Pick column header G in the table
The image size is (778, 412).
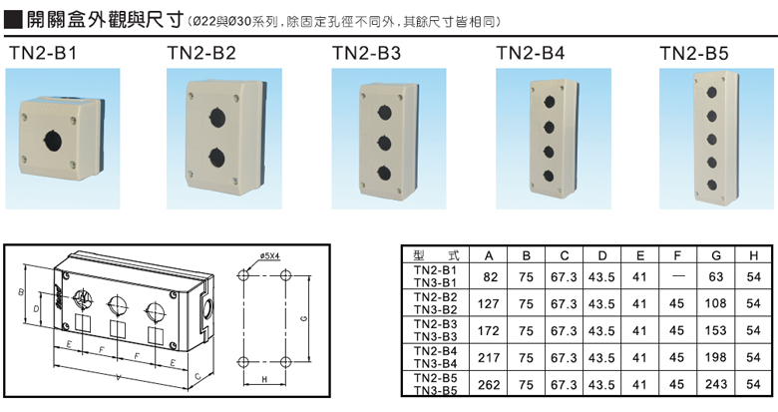(x=716, y=254)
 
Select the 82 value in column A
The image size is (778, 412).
(x=490, y=276)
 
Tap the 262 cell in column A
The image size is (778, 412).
(x=490, y=384)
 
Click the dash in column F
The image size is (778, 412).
(x=678, y=276)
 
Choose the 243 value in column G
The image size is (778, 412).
(x=716, y=384)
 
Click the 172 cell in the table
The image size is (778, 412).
(x=490, y=330)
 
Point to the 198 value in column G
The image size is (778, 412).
(x=716, y=357)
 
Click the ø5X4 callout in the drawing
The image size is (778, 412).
(x=273, y=256)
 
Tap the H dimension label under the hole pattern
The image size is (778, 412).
(x=263, y=380)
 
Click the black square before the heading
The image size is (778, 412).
(x=14, y=18)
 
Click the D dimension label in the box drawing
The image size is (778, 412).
(x=36, y=309)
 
